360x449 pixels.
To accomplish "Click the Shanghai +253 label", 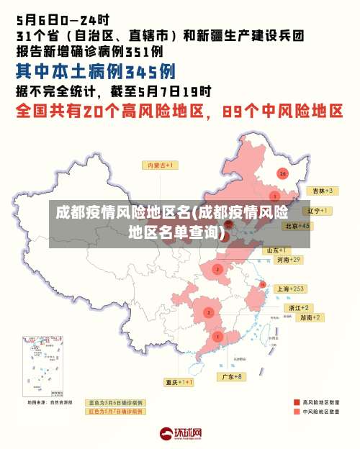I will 291,288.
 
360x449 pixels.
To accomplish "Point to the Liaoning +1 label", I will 316,211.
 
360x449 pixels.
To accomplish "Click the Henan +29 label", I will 288,259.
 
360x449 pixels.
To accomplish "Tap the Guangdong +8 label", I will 232,376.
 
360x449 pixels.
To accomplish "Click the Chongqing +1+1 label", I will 179,382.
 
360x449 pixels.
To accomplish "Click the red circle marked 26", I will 282,173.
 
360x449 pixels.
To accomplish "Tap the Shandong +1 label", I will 277,250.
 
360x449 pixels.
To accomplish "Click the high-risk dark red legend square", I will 296,402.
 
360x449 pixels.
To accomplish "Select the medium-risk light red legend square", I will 296,412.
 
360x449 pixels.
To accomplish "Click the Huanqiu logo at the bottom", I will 181,433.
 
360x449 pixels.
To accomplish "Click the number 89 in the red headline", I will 235,112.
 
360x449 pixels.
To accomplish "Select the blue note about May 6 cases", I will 115,402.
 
